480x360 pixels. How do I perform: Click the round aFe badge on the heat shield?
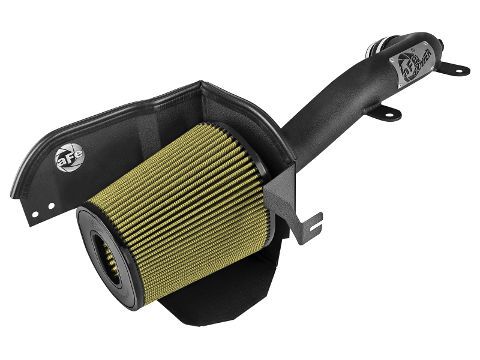tap(70, 157)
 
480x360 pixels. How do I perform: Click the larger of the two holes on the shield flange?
tap(51, 205)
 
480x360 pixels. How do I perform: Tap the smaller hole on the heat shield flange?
tap(36, 211)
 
